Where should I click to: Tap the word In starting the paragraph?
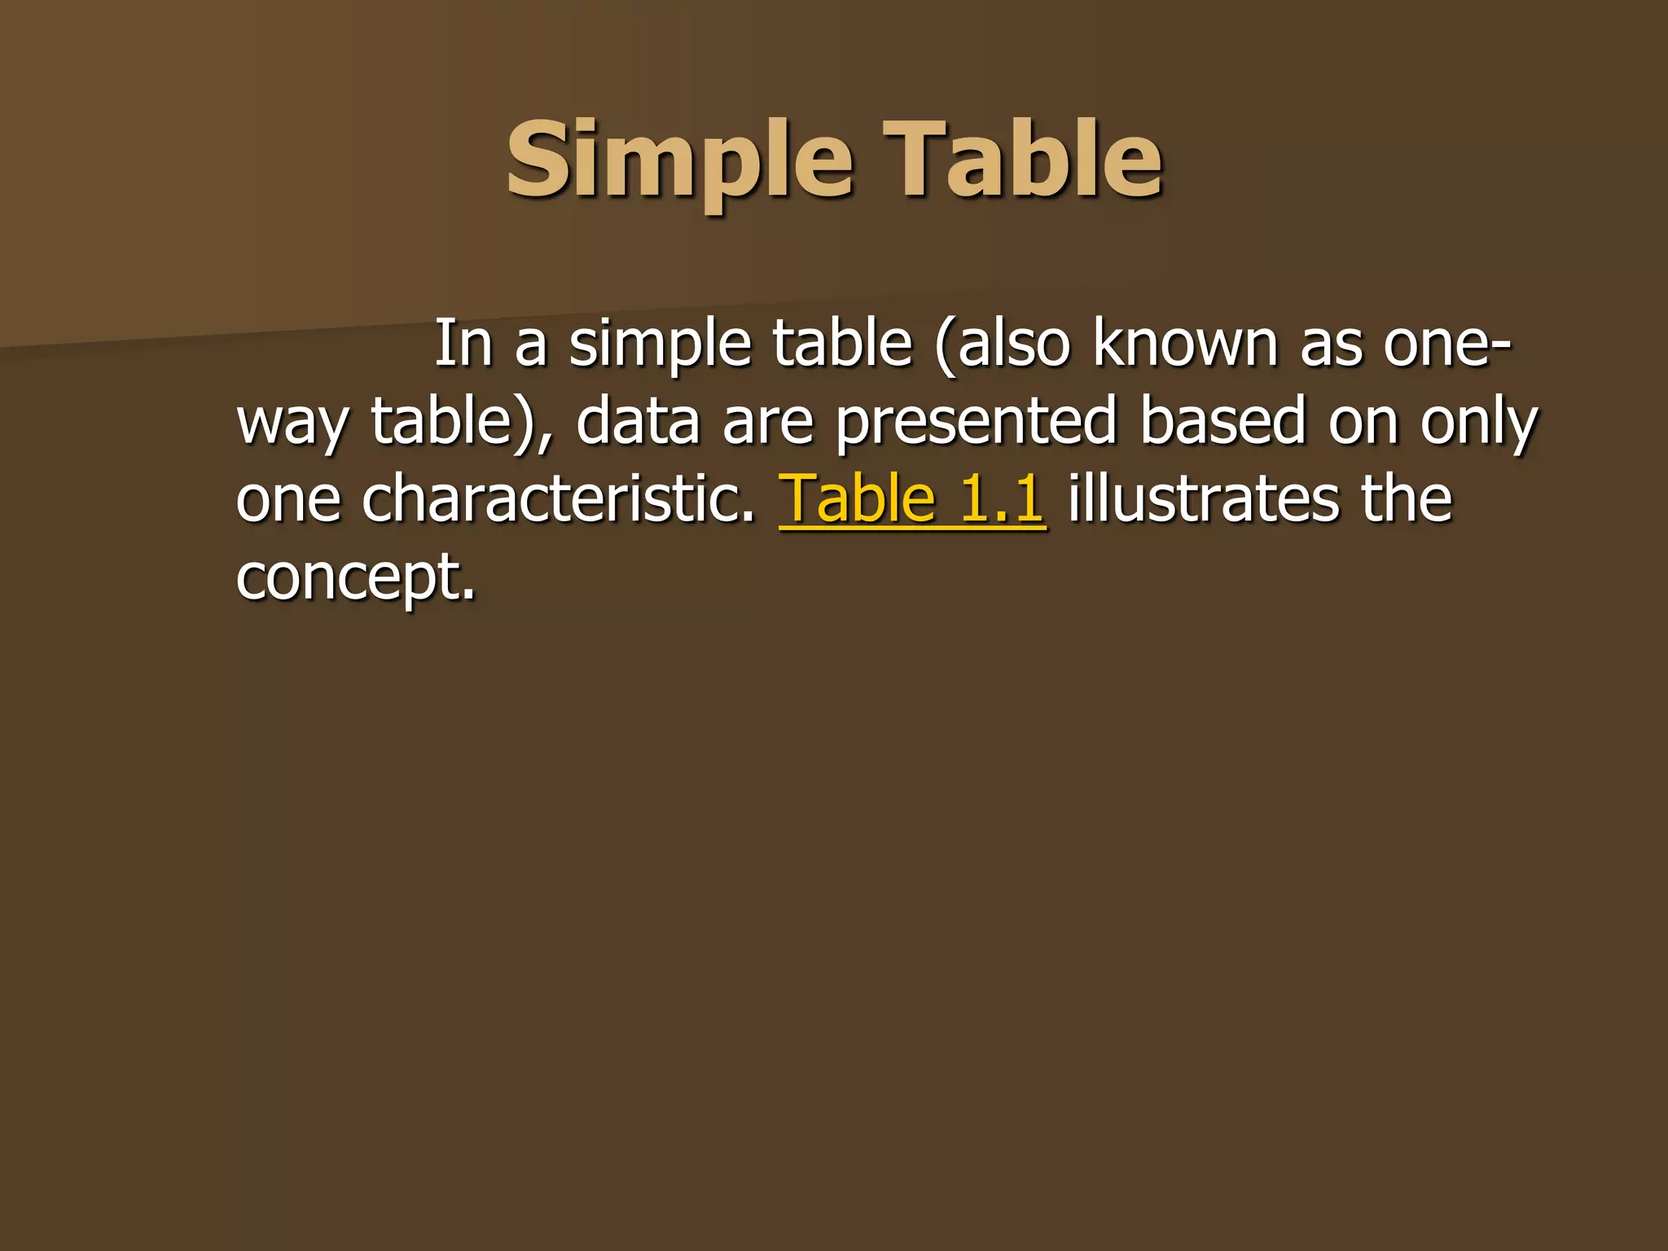(463, 344)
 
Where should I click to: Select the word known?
(1186, 344)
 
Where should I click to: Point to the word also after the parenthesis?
(1003, 344)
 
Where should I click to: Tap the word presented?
(976, 423)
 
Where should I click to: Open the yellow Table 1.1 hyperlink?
(912, 498)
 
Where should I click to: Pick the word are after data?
(768, 423)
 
